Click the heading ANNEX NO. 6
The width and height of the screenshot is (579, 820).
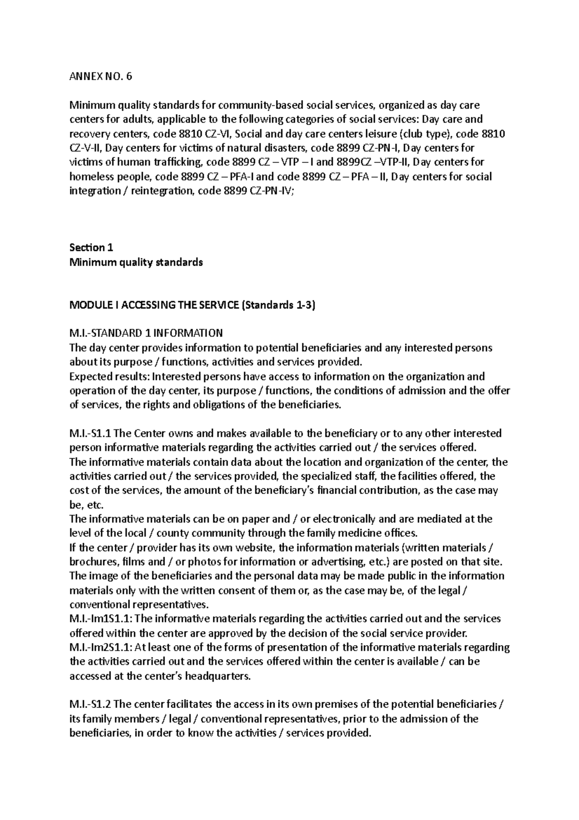coord(100,76)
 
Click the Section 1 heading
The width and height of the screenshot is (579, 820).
coord(91,248)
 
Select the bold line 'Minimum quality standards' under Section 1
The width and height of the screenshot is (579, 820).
coord(136,262)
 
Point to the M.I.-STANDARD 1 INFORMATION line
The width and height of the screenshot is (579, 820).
coord(146,333)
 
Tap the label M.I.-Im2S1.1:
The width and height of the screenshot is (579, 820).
coord(103,647)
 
